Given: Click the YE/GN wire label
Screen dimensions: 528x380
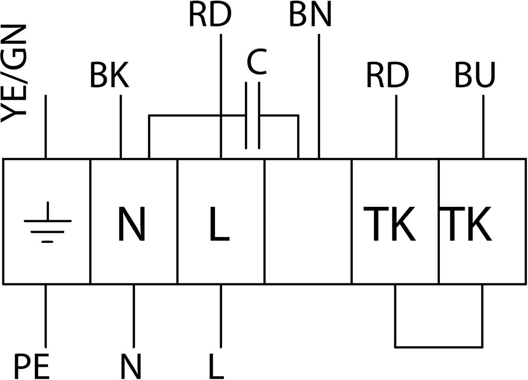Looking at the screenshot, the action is click(x=14, y=73).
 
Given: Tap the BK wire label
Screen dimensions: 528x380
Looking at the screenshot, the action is click(x=109, y=75).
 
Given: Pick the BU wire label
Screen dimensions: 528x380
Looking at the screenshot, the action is click(x=475, y=75).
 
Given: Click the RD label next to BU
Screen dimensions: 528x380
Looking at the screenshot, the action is click(x=387, y=75).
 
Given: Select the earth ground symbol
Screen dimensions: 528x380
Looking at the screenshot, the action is click(x=48, y=222).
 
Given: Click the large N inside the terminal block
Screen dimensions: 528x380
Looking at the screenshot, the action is click(x=131, y=224).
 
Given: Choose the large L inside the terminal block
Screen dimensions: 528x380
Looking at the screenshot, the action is click(x=219, y=224).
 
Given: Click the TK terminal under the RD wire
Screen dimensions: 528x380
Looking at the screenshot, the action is click(x=389, y=224).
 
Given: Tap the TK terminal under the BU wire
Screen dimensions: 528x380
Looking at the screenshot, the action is click(x=466, y=224).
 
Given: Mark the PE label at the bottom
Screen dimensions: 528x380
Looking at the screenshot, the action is click(x=31, y=366).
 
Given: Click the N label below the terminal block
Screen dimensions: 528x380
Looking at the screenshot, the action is click(x=130, y=366).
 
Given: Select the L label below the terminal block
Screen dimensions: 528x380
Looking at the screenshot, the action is click(x=216, y=366).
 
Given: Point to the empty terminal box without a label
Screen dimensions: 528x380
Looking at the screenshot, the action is click(x=308, y=222).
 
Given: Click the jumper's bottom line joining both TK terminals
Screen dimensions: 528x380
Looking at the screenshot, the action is click(x=439, y=346).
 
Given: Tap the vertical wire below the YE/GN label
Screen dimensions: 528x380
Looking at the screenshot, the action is click(x=45, y=127).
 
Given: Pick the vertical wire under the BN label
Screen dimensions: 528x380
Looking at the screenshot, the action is click(x=319, y=96).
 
